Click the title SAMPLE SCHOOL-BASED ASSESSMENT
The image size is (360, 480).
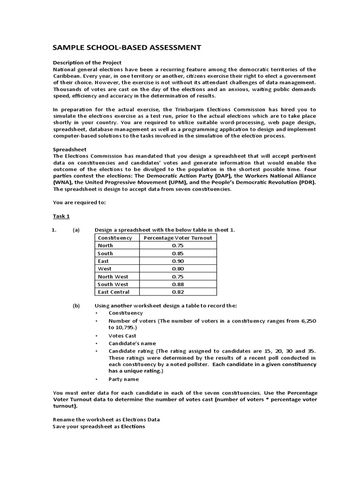coord(127,47)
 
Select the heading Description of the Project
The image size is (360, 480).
coord(87,62)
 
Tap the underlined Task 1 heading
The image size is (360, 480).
coord(61,216)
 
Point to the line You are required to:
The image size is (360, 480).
coord(80,202)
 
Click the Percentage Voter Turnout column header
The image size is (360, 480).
coord(178,238)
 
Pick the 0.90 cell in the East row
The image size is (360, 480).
coord(178,261)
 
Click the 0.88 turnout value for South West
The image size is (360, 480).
coord(178,284)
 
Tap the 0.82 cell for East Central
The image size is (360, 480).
coord(178,292)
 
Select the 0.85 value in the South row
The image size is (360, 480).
coord(178,253)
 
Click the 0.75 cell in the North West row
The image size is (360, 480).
coord(178,276)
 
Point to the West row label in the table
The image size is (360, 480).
coord(105,269)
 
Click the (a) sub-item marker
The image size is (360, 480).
coord(76,230)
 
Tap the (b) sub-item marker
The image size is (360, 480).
coord(76,305)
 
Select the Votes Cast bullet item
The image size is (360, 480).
coord(122,336)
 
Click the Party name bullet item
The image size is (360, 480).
coord(124,379)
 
